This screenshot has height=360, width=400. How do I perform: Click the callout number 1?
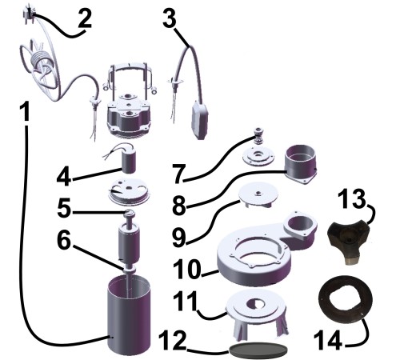(26, 112)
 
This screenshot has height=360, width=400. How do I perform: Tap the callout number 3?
(170, 17)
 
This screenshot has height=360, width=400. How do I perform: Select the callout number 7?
(178, 174)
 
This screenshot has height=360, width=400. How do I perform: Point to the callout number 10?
(186, 269)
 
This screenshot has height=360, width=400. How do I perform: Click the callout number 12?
(172, 340)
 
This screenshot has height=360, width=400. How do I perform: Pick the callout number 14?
(328, 340)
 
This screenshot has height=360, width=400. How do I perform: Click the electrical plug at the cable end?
(28, 12)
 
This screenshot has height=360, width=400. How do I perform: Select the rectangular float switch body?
(200, 119)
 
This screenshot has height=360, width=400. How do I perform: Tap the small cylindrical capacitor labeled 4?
(129, 159)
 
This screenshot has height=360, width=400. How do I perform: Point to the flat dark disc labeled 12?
(258, 350)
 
